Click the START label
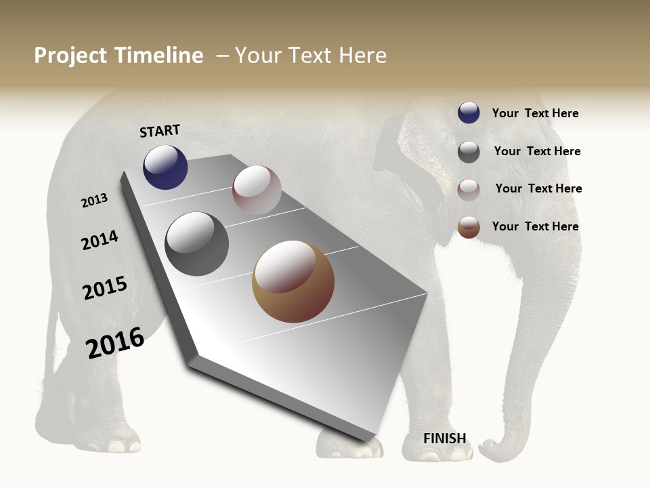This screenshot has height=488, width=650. click(160, 131)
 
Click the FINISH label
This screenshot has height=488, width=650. click(445, 439)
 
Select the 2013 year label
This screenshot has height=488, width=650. click(94, 200)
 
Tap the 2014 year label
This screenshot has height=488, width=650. click(100, 240)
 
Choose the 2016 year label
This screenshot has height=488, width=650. click(115, 343)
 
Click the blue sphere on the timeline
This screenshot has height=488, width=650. click(165, 167)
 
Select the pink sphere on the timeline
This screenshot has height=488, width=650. click(257, 190)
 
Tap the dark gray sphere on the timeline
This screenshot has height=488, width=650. click(196, 244)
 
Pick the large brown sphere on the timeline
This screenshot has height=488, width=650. click(293, 281)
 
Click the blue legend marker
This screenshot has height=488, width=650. click(469, 113)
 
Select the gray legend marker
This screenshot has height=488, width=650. click(469, 152)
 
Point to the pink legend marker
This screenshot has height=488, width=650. click(469, 189)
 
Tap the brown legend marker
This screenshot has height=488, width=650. click(469, 227)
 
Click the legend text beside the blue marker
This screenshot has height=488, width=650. click(535, 113)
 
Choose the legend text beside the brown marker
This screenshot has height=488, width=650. click(535, 226)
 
